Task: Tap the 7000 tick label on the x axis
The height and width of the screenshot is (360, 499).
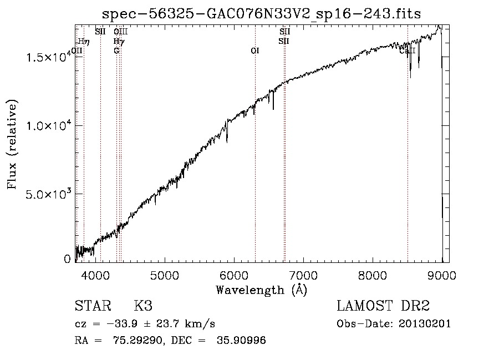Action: click(303, 275)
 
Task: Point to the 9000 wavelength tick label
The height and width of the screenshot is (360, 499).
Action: click(442, 275)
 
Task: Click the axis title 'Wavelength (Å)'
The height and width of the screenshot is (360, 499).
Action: click(261, 290)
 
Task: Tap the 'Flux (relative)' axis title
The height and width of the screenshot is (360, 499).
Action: click(12, 144)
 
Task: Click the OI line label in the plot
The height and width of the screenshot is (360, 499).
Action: click(255, 50)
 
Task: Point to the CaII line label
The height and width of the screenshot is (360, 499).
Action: click(407, 50)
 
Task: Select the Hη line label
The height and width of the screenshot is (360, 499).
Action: click(83, 41)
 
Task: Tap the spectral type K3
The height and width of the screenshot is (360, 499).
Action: click(143, 306)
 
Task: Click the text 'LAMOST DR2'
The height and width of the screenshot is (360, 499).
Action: click(383, 306)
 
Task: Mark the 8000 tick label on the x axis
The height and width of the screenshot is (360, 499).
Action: click(373, 275)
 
